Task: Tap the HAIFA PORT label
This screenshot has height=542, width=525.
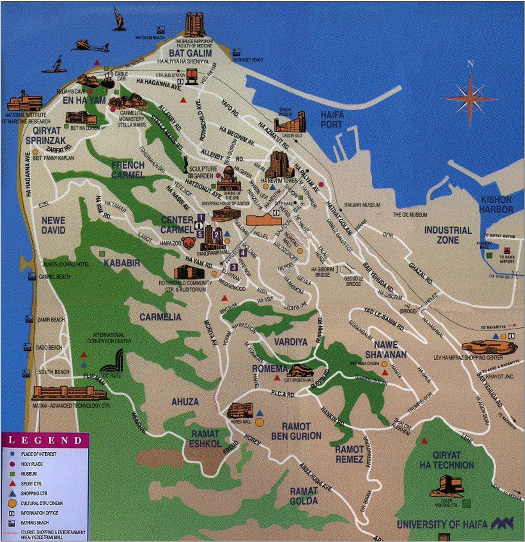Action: [x=332, y=119]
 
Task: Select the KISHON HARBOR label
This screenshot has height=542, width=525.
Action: [x=496, y=204]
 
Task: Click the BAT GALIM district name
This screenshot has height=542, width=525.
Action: [x=190, y=53]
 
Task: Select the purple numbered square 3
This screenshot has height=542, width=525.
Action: [x=234, y=267]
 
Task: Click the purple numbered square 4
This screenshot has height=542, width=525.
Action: [x=243, y=253]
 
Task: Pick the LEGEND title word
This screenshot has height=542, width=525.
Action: [x=45, y=440]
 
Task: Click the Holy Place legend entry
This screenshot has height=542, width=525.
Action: [x=31, y=464]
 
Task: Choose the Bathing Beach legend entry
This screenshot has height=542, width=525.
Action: [x=34, y=522]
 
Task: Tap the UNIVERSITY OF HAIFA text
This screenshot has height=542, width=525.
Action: [x=442, y=525]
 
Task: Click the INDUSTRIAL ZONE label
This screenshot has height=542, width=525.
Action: [x=448, y=235]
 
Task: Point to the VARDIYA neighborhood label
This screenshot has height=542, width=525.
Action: [x=290, y=342]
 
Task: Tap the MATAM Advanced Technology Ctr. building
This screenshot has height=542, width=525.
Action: [x=70, y=393]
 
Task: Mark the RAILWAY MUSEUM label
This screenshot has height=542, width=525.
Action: [x=362, y=205]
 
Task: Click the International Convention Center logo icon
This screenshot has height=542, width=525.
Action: [x=112, y=363]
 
